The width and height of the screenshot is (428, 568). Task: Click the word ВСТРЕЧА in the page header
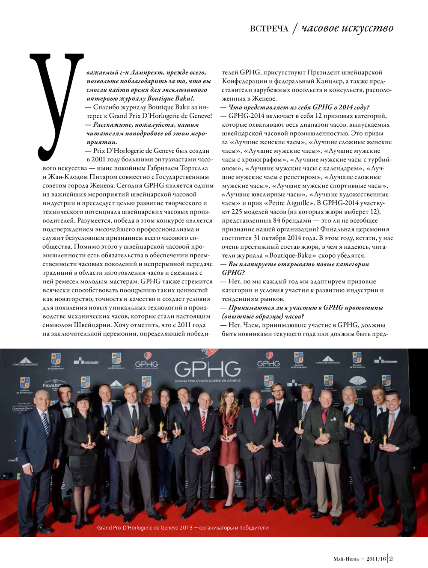click(269, 29)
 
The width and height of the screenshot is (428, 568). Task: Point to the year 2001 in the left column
click(99, 159)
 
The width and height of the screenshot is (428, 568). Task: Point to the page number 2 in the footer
click(391, 558)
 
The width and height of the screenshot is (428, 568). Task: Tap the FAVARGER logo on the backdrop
click(51, 385)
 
